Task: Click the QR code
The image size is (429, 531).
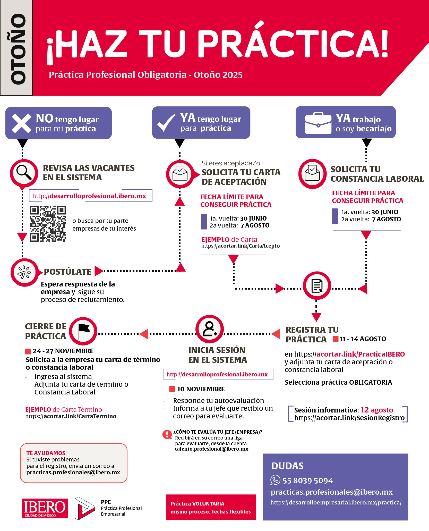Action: point(48,224)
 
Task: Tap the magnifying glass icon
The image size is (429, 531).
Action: point(24,173)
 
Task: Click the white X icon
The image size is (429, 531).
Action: point(22,123)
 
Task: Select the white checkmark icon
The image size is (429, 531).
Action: point(166,123)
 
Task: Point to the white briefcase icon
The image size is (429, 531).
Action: point(318,123)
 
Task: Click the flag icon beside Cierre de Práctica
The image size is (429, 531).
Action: point(83,331)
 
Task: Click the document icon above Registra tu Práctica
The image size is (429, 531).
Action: point(317,285)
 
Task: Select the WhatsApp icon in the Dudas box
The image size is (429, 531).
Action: point(275,480)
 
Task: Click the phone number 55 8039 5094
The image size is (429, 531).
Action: point(307,481)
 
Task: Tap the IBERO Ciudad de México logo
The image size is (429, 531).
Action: point(45,508)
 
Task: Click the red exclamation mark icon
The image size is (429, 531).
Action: point(167,434)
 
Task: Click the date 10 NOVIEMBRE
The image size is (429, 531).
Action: point(201,389)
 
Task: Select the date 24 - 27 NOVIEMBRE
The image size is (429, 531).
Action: point(63,351)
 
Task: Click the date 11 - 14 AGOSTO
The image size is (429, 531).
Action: point(363,339)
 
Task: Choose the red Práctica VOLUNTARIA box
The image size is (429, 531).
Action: point(211,507)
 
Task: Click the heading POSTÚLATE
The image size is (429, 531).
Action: point(67,272)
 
